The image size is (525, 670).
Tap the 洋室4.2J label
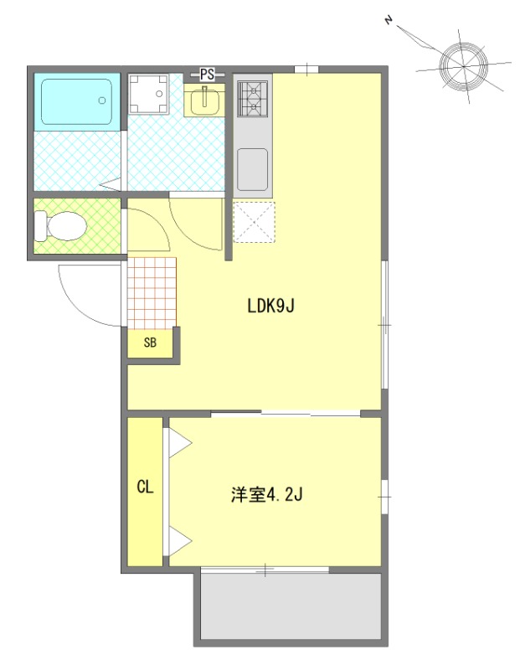pos(266,495)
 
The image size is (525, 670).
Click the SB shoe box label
pos(150,343)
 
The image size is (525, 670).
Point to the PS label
pos(207,75)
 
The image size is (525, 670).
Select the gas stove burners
pos(253,98)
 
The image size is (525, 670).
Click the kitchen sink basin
pos(252,168)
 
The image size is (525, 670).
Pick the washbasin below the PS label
pos(204,100)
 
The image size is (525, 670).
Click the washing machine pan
pos(149,94)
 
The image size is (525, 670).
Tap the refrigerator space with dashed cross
pos(254,222)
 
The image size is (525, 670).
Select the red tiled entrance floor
pos(152,292)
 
